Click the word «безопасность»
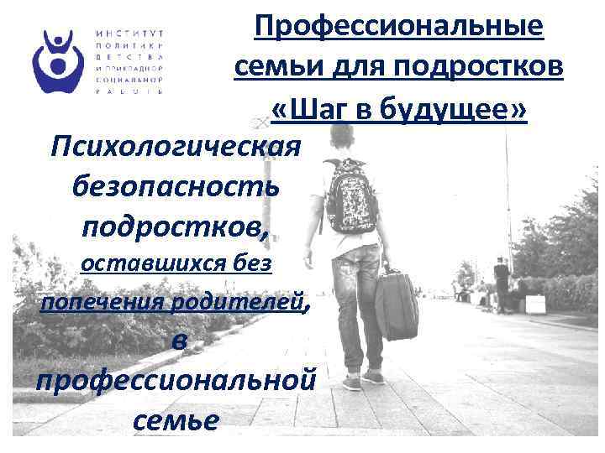177,187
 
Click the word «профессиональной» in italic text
176,379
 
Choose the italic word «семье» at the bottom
176,418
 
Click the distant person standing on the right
502,282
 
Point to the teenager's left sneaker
352,382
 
